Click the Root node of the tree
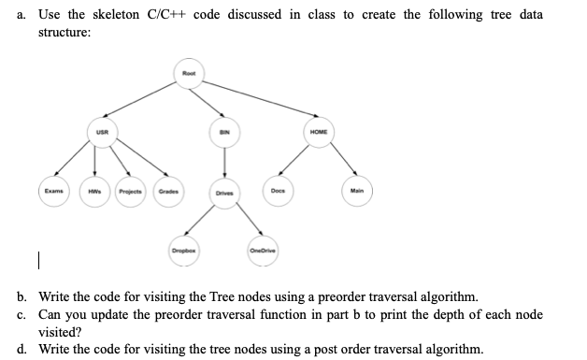point(189,74)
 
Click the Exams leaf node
point(52,192)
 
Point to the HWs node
point(96,194)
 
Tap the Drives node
point(223,194)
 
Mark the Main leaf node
point(356,193)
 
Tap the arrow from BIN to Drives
point(224,166)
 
